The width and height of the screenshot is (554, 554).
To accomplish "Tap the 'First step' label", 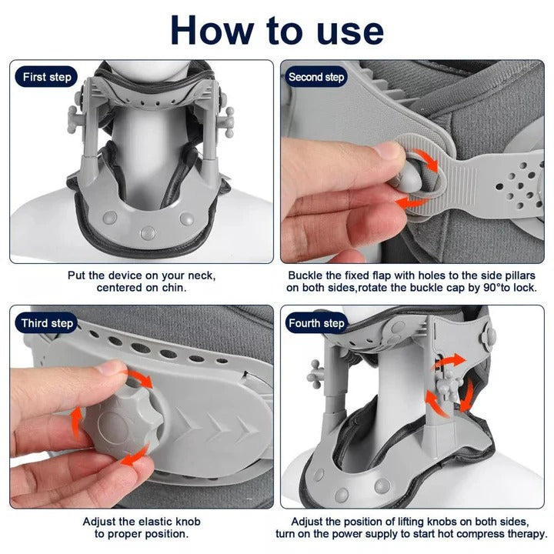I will [x=47, y=77].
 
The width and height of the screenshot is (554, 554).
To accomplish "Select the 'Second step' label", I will [x=315, y=77].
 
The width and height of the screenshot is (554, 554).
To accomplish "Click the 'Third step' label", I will [x=48, y=323].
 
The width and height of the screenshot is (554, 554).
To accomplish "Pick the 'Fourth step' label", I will [x=316, y=323].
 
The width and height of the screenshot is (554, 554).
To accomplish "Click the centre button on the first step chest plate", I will [x=145, y=230].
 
